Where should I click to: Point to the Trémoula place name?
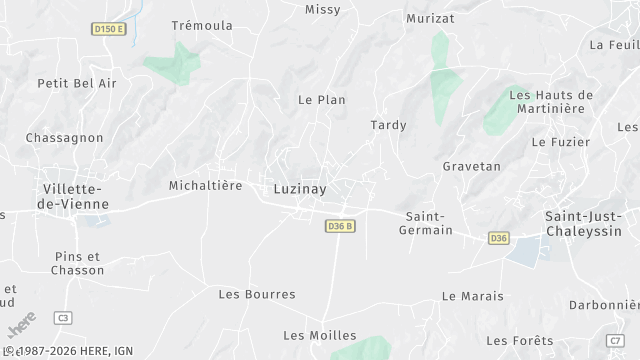(x=202, y=25)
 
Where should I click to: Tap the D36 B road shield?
(x=341, y=227)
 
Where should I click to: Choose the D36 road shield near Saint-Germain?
(x=499, y=237)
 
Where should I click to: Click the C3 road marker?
(x=63, y=317)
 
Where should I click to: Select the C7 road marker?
(x=615, y=341)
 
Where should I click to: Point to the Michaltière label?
(x=205, y=185)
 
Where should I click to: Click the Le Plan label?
(x=322, y=100)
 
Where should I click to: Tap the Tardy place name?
(x=388, y=125)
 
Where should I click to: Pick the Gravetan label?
(x=471, y=166)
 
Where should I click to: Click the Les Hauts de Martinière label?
(x=551, y=102)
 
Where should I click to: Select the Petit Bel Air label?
(x=77, y=83)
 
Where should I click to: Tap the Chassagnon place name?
(x=65, y=137)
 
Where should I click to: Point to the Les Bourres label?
(x=257, y=294)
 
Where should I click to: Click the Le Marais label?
(x=473, y=297)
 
